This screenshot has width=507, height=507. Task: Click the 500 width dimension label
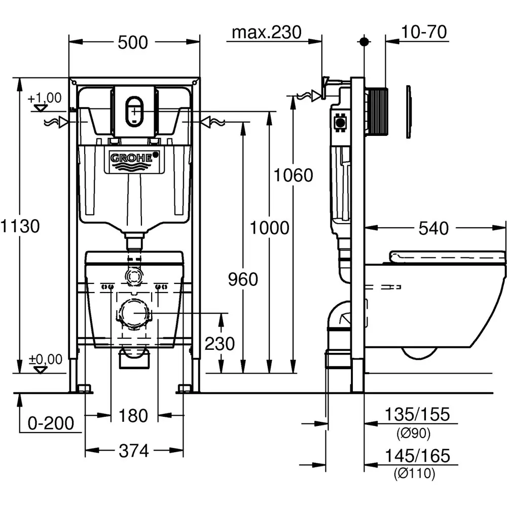tap(132, 43)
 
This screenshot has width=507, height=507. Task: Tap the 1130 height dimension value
tap(20, 226)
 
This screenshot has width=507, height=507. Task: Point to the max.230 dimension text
tap(267, 32)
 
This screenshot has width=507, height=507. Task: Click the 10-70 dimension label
tap(424, 32)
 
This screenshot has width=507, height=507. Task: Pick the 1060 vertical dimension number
tap(293, 175)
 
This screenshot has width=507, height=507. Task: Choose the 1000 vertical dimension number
tap(270, 228)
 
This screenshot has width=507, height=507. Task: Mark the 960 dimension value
tap(243, 279)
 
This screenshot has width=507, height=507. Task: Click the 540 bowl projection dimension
tap(433, 228)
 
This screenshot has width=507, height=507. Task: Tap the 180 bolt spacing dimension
tap(133, 416)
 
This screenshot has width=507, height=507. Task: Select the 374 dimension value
tap(133, 451)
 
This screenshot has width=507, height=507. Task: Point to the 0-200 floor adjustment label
tap(51, 423)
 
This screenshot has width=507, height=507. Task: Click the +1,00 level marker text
tap(44, 98)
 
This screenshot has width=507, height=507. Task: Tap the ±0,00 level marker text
tap(45, 359)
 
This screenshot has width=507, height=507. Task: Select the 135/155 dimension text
tap(417, 414)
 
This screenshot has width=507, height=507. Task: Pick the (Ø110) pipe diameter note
tap(415, 474)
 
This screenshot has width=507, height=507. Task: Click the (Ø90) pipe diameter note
tap(414, 433)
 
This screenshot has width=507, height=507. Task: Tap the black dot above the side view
tap(364, 42)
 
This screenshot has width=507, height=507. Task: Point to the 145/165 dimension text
tap(417, 456)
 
